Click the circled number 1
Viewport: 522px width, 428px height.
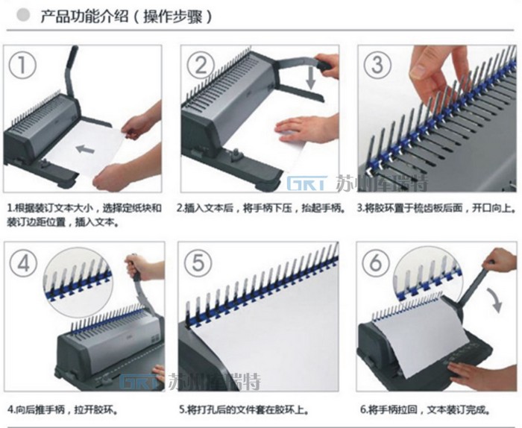[22, 66]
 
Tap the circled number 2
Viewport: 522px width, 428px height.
[201, 66]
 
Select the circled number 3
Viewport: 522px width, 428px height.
[377, 64]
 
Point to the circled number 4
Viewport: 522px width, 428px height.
[23, 265]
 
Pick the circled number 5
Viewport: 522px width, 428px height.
[198, 263]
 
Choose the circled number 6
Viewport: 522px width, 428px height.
[376, 263]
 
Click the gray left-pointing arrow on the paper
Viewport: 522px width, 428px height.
[85, 148]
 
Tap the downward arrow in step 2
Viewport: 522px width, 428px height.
[311, 78]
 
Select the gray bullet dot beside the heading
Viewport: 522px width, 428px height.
[24, 15]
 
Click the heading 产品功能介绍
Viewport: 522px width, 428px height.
[84, 16]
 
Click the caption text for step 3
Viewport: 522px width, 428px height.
[436, 208]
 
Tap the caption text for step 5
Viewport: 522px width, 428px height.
[244, 409]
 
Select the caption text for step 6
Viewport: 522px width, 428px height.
[425, 409]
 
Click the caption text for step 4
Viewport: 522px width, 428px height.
[63, 409]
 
